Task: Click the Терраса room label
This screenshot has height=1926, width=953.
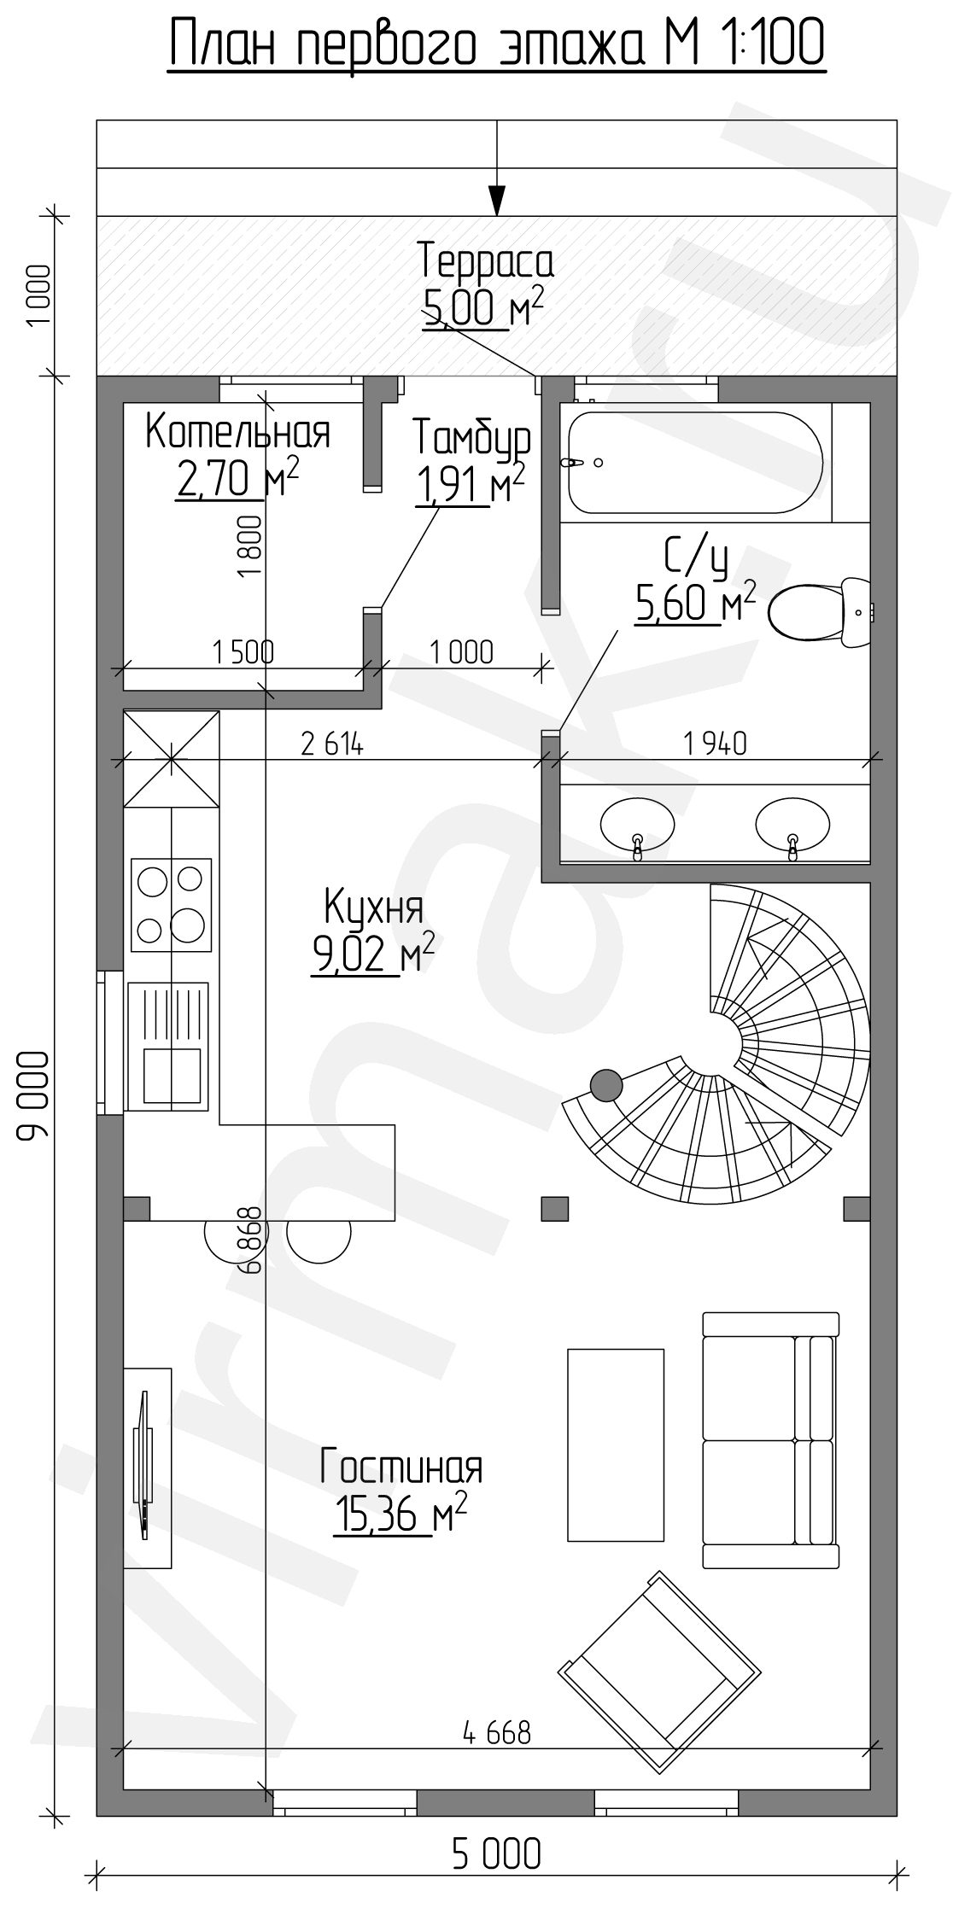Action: click(486, 261)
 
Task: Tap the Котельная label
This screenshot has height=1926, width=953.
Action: click(237, 433)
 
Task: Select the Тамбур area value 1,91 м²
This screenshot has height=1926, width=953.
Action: click(470, 485)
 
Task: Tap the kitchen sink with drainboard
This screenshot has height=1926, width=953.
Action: click(167, 1047)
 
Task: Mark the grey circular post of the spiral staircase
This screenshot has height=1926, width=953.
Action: click(606, 1084)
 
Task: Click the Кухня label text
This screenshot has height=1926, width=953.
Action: click(373, 908)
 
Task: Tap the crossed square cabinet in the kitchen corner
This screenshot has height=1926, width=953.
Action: click(172, 758)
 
